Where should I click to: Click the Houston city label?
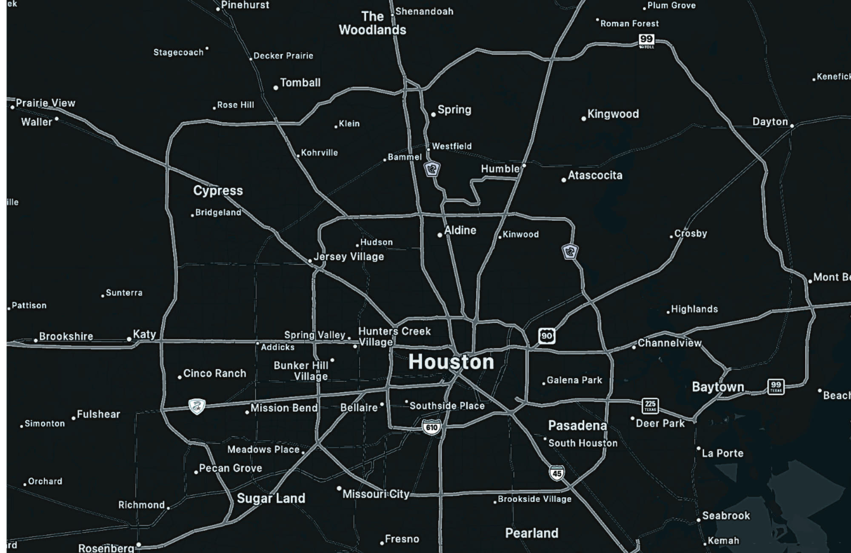[x=451, y=362]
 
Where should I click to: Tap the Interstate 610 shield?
[x=431, y=427]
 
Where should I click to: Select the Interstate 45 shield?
[x=557, y=473]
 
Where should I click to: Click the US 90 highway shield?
[x=546, y=336]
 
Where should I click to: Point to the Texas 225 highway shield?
[x=650, y=405]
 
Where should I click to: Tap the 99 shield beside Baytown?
[x=776, y=387]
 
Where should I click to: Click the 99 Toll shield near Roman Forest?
[x=646, y=40]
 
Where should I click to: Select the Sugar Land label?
[x=271, y=498]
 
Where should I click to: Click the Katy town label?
[x=144, y=334]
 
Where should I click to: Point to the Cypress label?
[x=218, y=190]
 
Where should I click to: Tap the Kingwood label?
[x=613, y=114]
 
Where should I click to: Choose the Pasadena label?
[x=577, y=425]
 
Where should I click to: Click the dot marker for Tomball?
[x=276, y=88]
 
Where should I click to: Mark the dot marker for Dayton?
[x=792, y=126]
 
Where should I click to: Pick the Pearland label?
[x=531, y=533]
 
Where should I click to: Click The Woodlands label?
[x=372, y=23]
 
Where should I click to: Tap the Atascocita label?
[x=595, y=175]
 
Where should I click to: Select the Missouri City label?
[x=376, y=494]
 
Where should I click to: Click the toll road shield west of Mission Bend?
[x=197, y=407]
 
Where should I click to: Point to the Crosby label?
[x=691, y=234]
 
